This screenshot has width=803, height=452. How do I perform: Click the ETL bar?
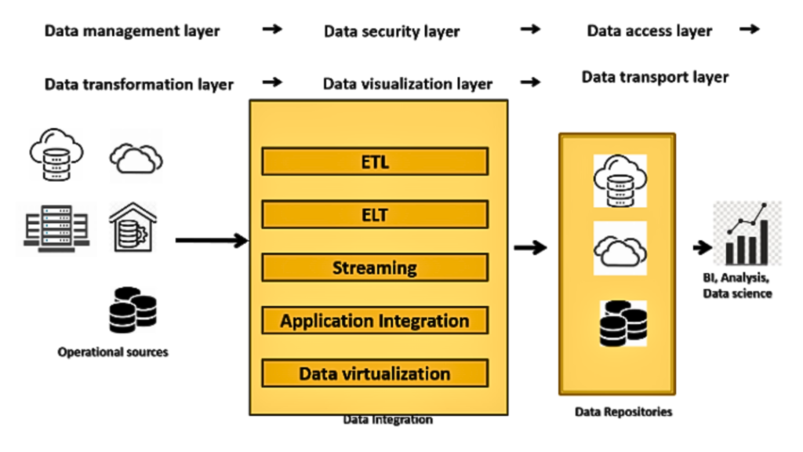pyautogui.click(x=375, y=162)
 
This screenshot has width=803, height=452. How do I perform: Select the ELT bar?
pyautogui.click(x=375, y=214)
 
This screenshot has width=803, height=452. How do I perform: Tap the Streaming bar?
pyautogui.click(x=375, y=268)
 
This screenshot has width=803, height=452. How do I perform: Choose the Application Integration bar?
pyautogui.click(x=375, y=320)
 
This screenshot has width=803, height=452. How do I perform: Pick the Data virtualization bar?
pyautogui.click(x=375, y=373)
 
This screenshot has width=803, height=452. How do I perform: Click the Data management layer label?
pyautogui.click(x=132, y=31)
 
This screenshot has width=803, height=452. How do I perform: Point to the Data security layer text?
pyautogui.click(x=391, y=31)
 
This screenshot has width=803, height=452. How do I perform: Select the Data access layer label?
pyautogui.click(x=649, y=31)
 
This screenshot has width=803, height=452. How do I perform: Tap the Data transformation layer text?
pyautogui.click(x=139, y=84)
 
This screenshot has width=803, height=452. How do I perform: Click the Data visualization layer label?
pyautogui.click(x=408, y=84)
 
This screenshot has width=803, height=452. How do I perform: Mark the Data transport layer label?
pyautogui.click(x=655, y=77)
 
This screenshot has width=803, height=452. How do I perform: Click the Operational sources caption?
pyautogui.click(x=113, y=352)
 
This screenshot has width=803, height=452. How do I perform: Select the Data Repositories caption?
pyautogui.click(x=623, y=411)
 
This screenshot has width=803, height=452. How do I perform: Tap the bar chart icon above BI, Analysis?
pyautogui.click(x=747, y=233)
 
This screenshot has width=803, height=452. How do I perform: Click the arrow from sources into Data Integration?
pyautogui.click(x=210, y=239)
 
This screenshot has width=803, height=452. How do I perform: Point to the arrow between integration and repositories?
pyautogui.click(x=531, y=248)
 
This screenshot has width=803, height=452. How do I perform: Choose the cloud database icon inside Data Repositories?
pyautogui.click(x=620, y=180)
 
